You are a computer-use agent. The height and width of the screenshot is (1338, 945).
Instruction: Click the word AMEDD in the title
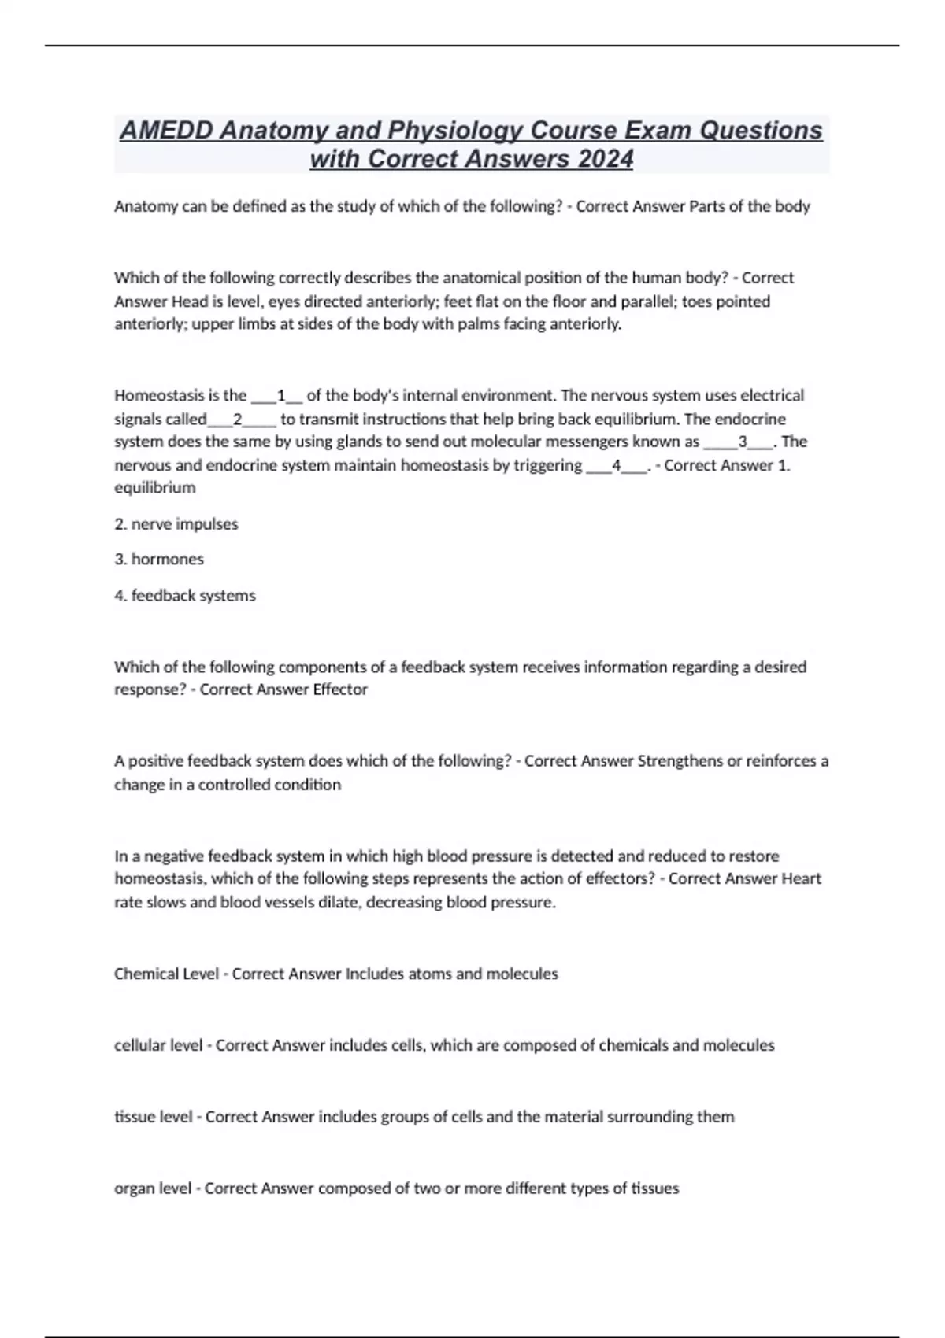[165, 130]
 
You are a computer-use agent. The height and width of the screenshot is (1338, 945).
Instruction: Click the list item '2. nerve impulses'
[176, 524]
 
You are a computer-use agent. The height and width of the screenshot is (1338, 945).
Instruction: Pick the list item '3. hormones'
[159, 560]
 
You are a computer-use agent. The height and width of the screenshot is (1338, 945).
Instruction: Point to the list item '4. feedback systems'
[185, 596]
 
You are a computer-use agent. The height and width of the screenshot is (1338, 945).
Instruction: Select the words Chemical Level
[166, 974]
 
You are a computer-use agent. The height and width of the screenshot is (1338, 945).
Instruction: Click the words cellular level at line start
[158, 1046]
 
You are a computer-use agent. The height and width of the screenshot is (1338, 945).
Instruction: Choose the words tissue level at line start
[154, 1117]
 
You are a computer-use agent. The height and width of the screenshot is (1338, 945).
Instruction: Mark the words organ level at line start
[153, 1188]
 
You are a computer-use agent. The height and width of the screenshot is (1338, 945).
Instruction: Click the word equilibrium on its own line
[155, 488]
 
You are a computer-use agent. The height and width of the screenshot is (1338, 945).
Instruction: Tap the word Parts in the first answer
[707, 207]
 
